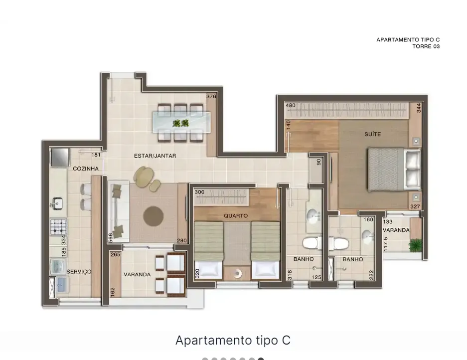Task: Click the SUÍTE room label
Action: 373,134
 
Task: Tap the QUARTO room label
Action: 236,215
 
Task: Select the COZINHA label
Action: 86,169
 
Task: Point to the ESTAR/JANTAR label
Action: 155,156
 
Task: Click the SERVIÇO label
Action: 79,271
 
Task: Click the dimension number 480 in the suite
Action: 291,105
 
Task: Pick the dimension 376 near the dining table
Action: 211,96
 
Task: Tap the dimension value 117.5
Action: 386,244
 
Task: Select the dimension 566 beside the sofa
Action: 111,237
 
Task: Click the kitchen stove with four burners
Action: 58,227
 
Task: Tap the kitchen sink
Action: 58,203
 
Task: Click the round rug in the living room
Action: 154,216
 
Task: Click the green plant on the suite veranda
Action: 416,245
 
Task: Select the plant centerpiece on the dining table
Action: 181,123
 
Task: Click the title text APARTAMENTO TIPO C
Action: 408,39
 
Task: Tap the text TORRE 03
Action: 426,46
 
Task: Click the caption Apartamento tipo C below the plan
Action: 233,340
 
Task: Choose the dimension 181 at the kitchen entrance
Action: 96,155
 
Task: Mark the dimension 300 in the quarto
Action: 199,192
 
